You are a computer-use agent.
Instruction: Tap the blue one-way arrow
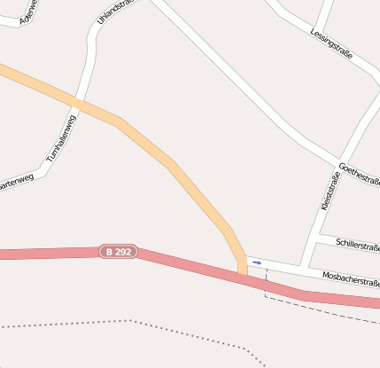257,262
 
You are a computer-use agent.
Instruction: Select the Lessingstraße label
331,43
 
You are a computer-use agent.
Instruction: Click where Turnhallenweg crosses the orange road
78,104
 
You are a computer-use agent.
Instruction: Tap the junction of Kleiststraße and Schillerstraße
315,237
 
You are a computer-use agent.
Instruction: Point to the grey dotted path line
133,321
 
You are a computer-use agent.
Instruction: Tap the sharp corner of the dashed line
266,296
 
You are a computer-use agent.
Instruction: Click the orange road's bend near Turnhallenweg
119,122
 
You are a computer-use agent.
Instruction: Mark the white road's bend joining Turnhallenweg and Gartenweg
43,166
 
